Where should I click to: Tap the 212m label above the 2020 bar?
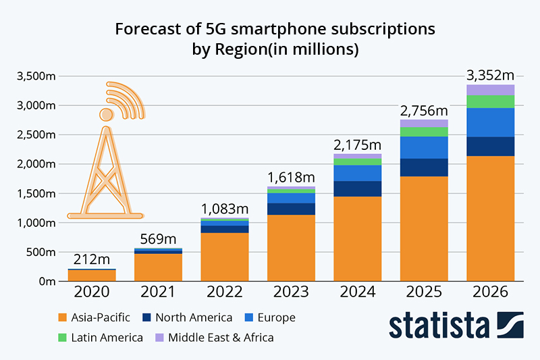coord(92,259)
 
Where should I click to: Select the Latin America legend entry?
coord(101,337)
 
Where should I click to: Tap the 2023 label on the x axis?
coord(291,294)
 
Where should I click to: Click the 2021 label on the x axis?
coord(159,294)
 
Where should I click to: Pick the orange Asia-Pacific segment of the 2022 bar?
coord(225,256)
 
